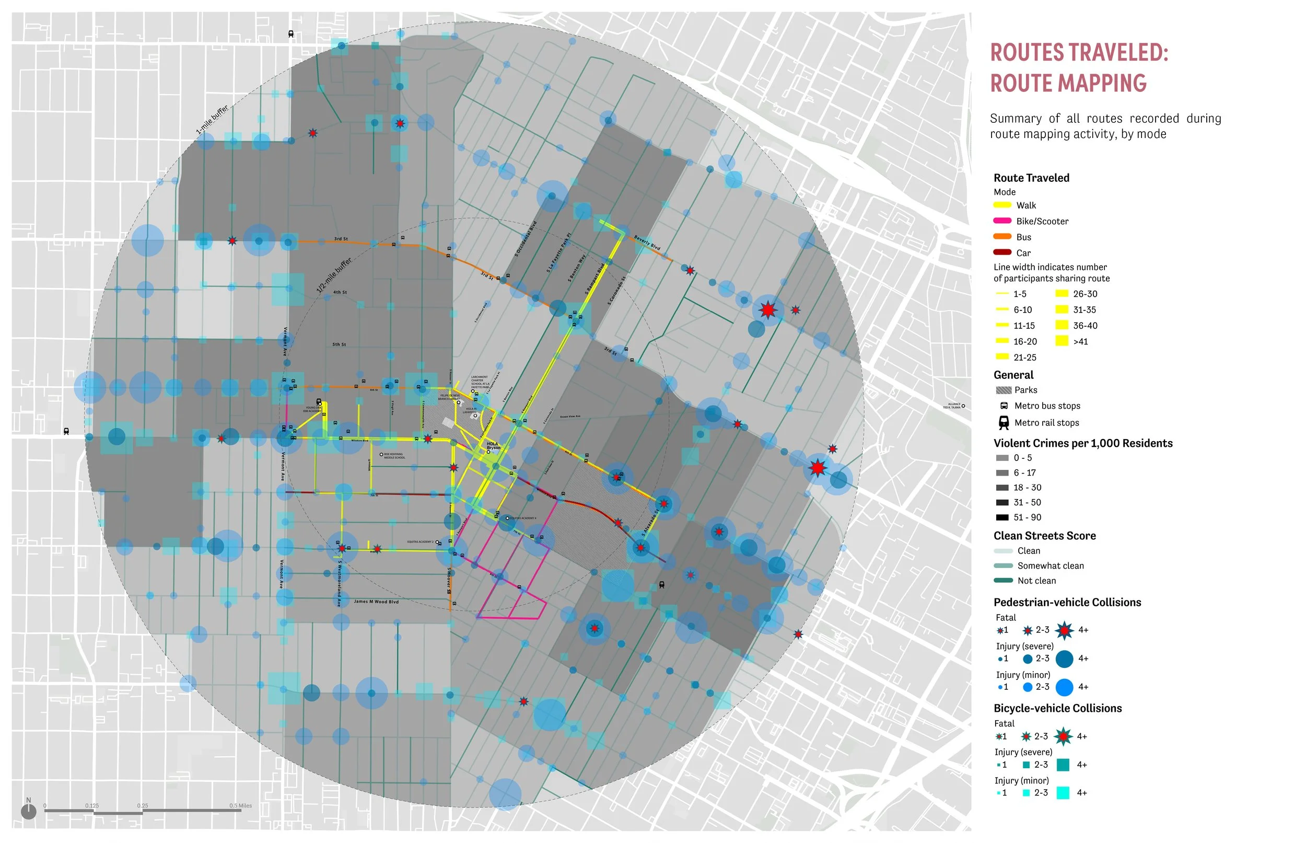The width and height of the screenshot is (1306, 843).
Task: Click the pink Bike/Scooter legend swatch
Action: (1002, 221)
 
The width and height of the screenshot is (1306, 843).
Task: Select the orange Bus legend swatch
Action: (1002, 236)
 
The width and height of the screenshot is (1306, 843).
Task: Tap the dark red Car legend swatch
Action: (1002, 252)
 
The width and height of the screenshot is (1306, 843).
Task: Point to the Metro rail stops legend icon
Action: (1004, 423)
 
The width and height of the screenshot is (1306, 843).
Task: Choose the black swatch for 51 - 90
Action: (1002, 517)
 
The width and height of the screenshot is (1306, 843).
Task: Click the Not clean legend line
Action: (1003, 581)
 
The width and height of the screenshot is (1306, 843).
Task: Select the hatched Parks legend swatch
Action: (1004, 390)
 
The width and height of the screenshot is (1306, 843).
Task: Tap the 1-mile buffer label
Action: (212, 120)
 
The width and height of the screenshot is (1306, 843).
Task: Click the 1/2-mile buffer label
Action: (334, 275)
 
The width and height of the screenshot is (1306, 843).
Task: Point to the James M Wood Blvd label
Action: (376, 602)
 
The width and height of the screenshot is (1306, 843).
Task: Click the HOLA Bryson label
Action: (493, 446)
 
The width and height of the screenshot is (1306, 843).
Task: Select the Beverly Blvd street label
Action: (647, 243)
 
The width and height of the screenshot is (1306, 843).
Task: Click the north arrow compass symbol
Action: (28, 811)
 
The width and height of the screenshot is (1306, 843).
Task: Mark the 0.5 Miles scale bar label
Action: (240, 805)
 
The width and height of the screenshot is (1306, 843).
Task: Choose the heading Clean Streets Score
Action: (1044, 536)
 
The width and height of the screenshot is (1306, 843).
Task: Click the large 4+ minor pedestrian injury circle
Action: (1064, 687)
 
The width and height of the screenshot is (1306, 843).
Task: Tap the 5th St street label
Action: (339, 344)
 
